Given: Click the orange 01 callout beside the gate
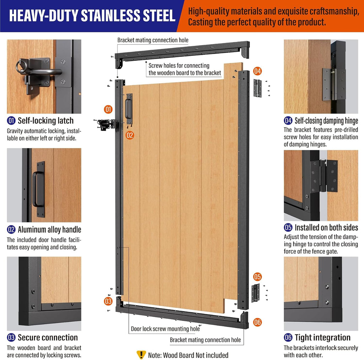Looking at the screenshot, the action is [108, 109].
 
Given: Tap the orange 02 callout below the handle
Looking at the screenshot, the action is [130, 135].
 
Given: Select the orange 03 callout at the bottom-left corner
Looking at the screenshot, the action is [108, 301].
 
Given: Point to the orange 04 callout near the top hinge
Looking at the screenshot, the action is [257, 71].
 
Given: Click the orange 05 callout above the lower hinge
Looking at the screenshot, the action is [257, 277].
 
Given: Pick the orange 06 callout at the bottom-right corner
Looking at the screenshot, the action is [257, 322].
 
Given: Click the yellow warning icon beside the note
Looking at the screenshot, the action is [141, 355].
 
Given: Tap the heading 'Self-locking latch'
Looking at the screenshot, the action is [45, 121].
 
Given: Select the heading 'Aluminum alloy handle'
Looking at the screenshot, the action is [49, 229].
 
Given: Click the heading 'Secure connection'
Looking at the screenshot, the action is [48, 338].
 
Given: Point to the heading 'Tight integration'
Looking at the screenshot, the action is [322, 338].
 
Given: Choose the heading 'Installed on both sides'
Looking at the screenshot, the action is [326, 228].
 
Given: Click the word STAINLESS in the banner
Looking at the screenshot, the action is [110, 16].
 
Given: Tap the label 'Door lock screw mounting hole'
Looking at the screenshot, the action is [165, 329].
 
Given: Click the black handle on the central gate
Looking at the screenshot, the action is [129, 109].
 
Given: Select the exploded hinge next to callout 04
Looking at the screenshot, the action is [257, 88].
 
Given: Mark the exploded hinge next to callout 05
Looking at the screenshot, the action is [256, 293].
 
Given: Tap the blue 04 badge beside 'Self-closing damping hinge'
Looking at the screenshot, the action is [288, 121].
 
